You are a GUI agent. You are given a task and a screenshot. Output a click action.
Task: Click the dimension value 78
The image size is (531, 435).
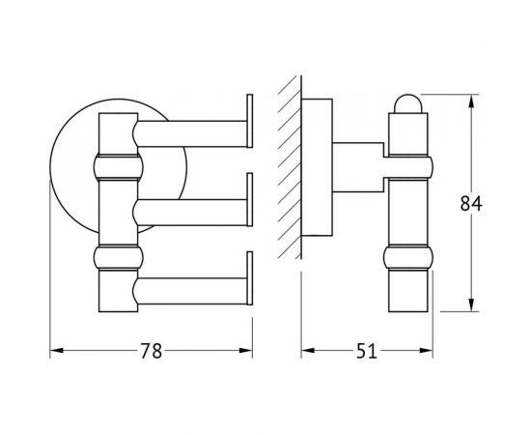tap(152, 351)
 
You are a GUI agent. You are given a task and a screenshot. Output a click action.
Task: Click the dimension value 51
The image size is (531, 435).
tap(367, 351)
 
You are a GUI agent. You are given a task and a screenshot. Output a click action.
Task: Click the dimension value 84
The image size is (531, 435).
tap(471, 204)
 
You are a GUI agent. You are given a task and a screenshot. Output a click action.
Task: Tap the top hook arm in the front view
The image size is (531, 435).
tap(191, 134)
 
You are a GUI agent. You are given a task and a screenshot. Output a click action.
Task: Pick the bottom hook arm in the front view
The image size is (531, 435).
tap(191, 291)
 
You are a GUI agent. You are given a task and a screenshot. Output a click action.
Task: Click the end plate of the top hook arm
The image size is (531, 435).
tap(250, 121)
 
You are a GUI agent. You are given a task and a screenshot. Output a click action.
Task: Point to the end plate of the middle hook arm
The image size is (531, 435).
tap(250, 200)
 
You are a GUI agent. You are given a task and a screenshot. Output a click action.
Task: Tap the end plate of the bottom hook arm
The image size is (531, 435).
tap(250, 278)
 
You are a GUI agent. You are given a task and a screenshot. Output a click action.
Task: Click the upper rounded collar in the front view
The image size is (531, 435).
tap(118, 167)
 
